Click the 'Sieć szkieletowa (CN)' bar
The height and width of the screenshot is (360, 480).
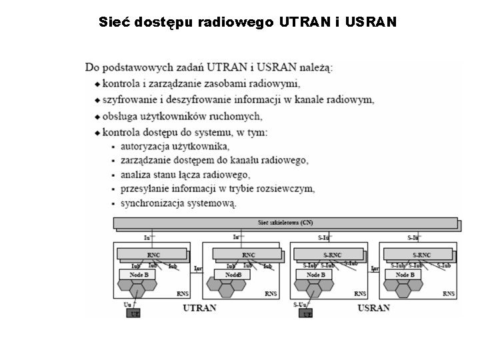pyautogui.click(x=285, y=223)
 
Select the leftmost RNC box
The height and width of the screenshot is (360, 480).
pyautogui.click(x=153, y=255)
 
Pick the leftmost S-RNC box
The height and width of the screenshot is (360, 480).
pyautogui.click(x=326, y=255)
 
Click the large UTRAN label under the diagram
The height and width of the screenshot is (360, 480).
pyautogui.click(x=199, y=307)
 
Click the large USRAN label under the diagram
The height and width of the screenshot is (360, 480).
pyautogui.click(x=373, y=307)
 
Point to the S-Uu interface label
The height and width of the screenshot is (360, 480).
pyautogui.click(x=300, y=304)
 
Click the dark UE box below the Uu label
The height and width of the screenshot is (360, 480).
pyautogui.click(x=134, y=313)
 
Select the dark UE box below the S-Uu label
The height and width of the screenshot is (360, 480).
pyautogui.click(x=305, y=313)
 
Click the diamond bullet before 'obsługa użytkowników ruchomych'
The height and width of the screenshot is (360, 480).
pyautogui.click(x=97, y=117)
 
